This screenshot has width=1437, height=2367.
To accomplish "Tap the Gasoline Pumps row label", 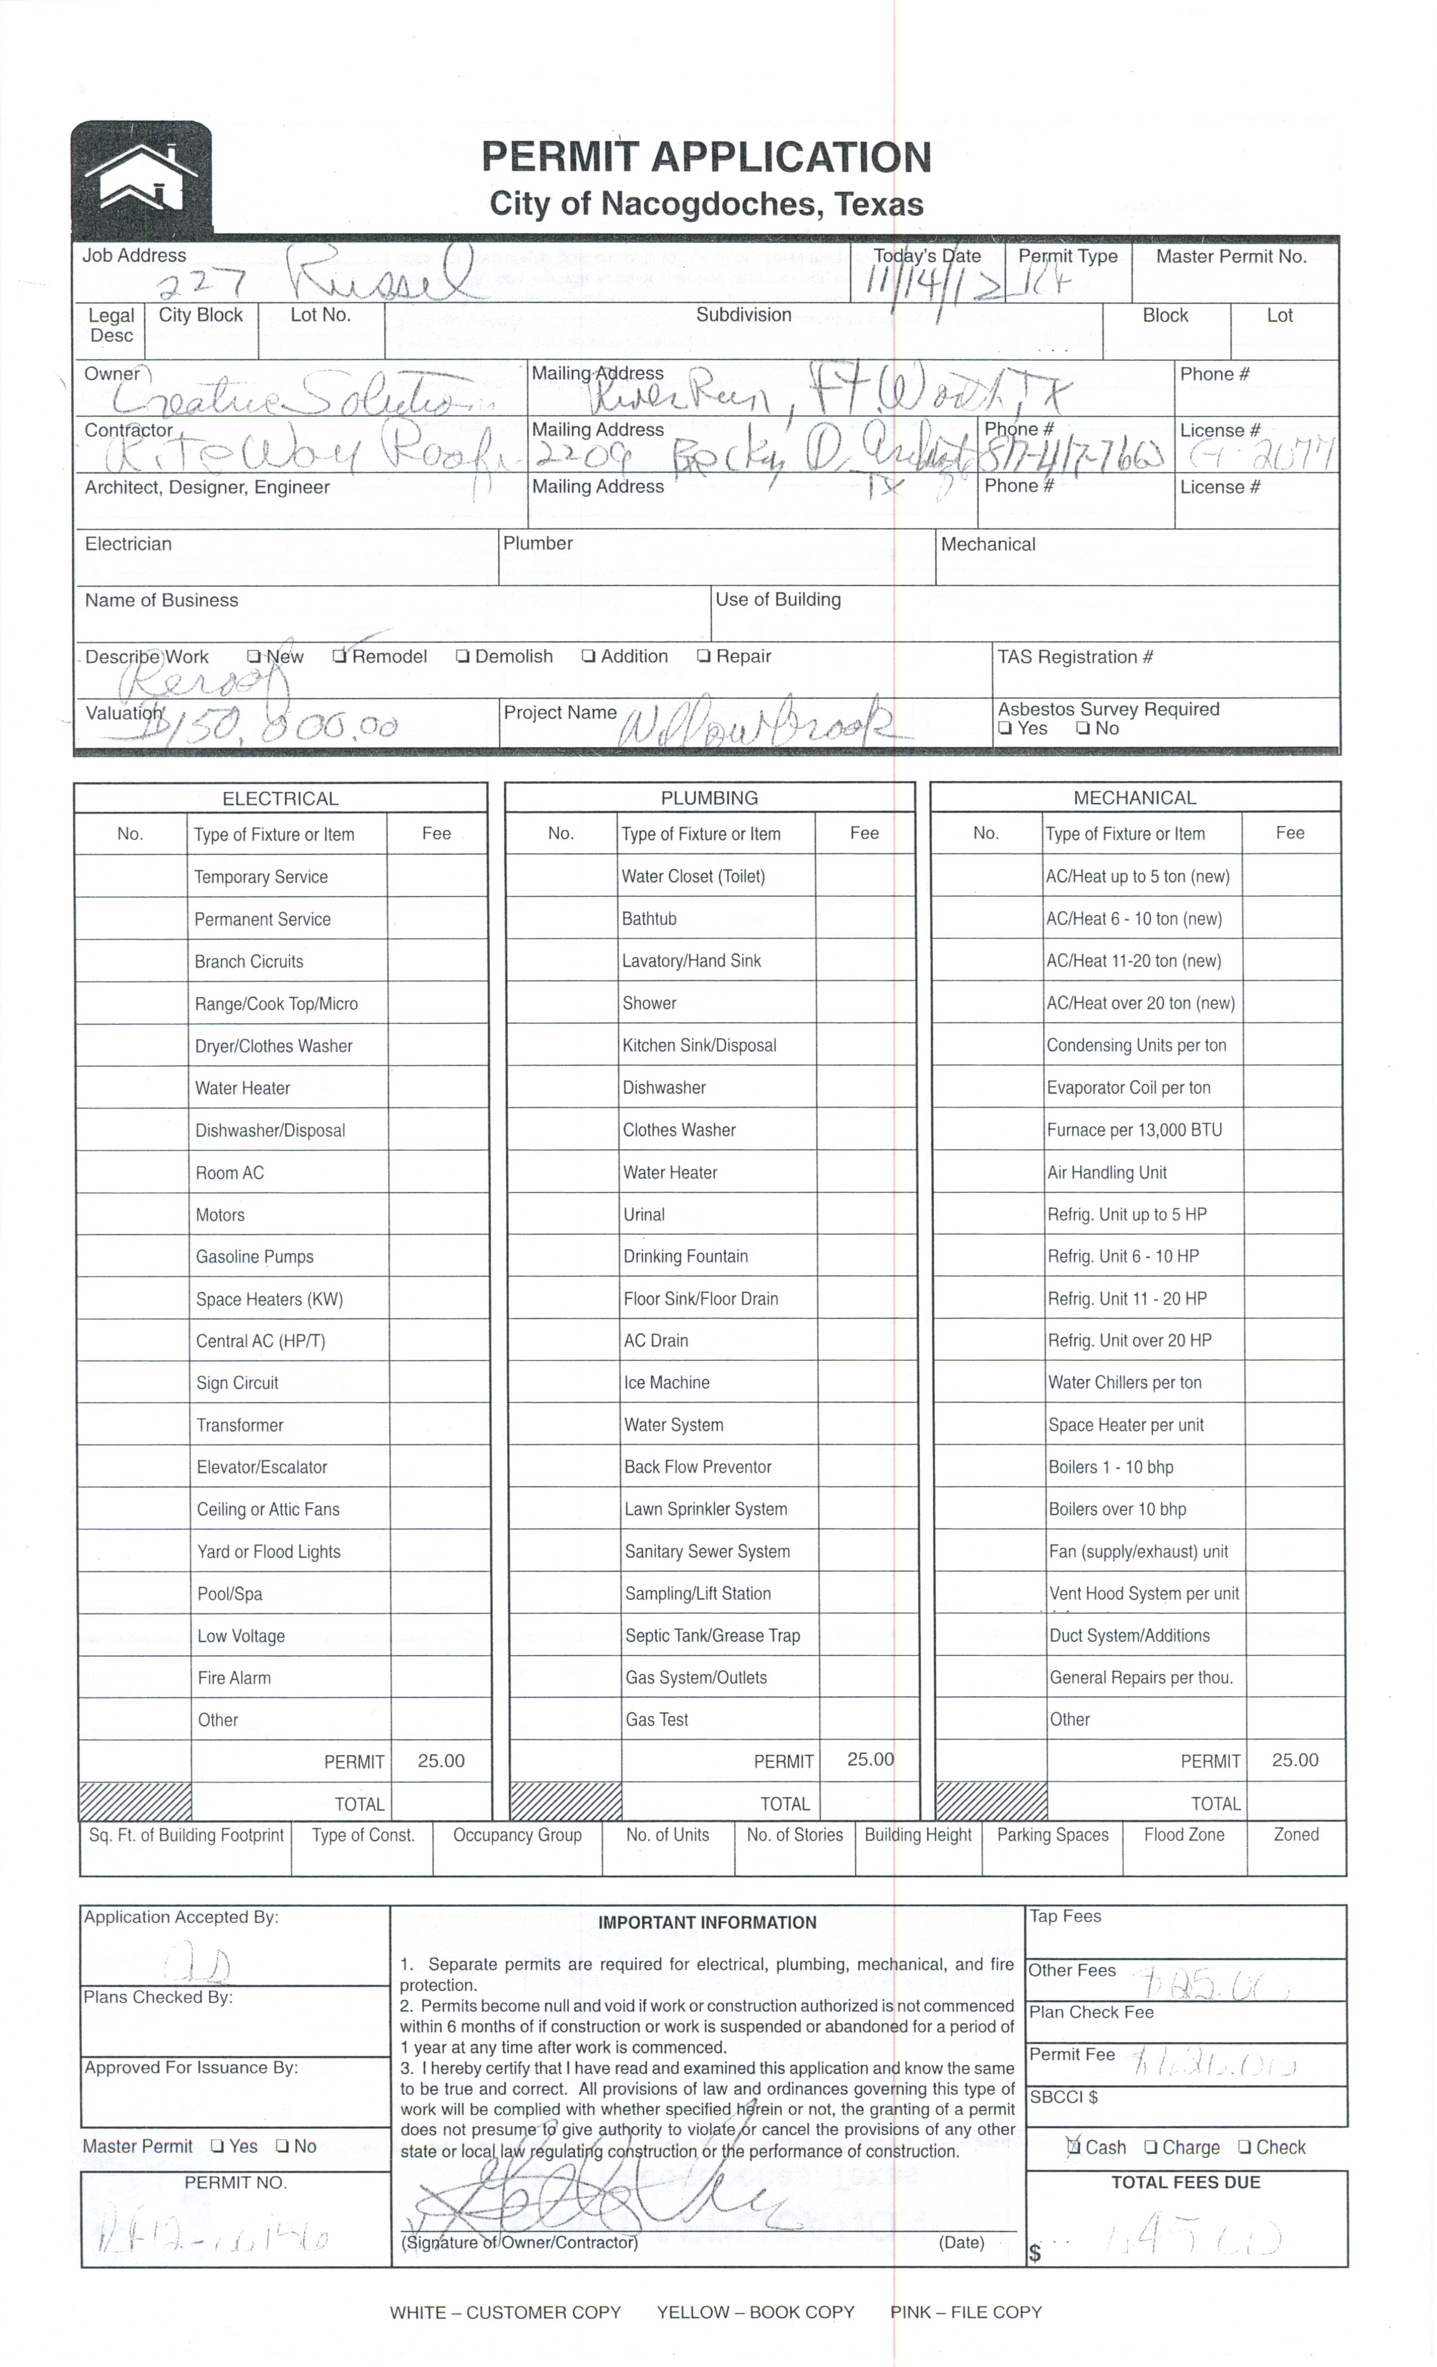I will pyautogui.click(x=255, y=1257).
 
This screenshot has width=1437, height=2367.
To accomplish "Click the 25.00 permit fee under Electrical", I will pyautogui.click(x=441, y=1761).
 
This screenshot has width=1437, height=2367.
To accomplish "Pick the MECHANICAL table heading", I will pyautogui.click(x=1134, y=797).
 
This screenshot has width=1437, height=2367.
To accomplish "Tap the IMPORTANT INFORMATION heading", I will pyautogui.click(x=707, y=1922).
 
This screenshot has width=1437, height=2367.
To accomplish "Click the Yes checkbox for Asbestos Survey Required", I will pyautogui.click(x=1005, y=729).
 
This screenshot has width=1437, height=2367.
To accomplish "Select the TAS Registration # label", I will pyautogui.click(x=1075, y=657).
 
